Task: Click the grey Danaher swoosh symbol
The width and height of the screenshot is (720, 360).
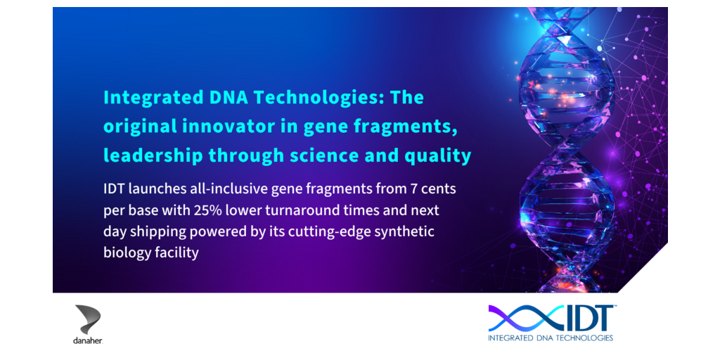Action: point(88,319)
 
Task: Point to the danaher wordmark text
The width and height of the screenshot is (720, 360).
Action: point(88,341)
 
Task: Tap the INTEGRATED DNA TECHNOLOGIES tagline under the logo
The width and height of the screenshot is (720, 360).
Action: point(551,339)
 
